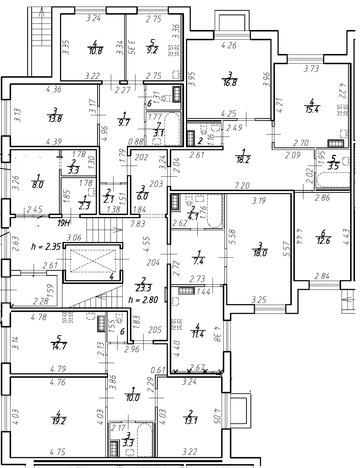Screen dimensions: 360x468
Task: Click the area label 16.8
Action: tap(230, 83)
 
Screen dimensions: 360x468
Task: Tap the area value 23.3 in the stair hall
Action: tap(143, 288)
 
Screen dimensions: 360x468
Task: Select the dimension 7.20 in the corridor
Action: tap(242, 185)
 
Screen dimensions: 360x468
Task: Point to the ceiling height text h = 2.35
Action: tap(46, 246)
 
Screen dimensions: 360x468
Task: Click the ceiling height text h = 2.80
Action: tap(143, 300)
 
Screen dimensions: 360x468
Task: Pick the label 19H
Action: tap(63, 223)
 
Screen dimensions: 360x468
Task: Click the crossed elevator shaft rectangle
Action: tap(93, 261)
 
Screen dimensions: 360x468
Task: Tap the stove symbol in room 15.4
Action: tap(343, 110)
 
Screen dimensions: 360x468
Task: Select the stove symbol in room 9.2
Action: tap(174, 50)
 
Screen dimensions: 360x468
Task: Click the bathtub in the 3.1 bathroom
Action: tap(172, 129)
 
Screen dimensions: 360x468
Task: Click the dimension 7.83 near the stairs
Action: tap(138, 224)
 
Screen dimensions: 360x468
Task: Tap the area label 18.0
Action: tap(260, 253)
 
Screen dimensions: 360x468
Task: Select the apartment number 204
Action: tap(153, 263)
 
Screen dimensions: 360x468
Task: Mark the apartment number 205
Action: tap(155, 330)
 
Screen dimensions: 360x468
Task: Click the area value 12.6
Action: tap(323, 241)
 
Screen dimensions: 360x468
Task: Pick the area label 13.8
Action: tap(55, 119)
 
